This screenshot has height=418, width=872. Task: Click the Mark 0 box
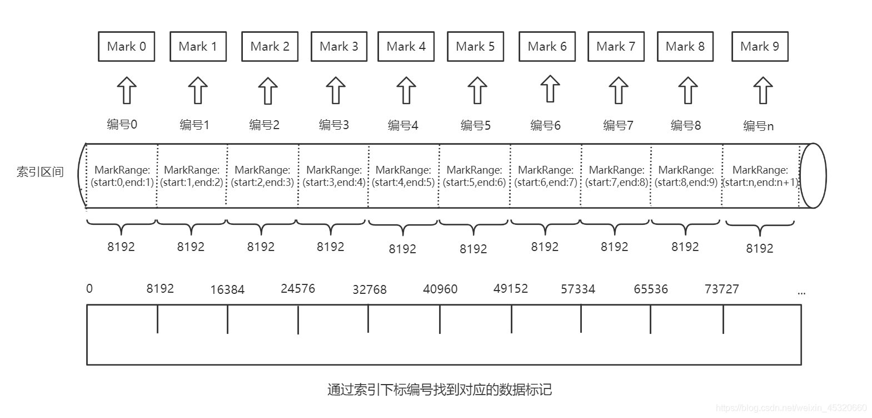point(126,47)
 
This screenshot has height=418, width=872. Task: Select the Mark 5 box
point(475,47)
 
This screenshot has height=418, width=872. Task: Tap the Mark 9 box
point(760,47)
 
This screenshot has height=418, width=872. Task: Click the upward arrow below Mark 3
point(335,90)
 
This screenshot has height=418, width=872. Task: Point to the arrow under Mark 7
point(618,90)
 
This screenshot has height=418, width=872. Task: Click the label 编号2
point(264,125)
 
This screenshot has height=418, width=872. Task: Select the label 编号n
point(758,126)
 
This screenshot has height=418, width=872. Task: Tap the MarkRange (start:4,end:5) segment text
point(403,176)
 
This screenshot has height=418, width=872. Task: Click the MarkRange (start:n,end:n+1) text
point(760,176)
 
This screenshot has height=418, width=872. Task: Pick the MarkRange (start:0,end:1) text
point(122,176)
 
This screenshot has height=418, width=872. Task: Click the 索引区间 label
point(40,172)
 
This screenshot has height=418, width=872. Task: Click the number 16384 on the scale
point(227,290)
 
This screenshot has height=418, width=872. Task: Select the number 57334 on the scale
point(577,289)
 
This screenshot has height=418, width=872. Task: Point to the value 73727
point(721,289)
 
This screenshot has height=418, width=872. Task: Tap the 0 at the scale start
point(89,288)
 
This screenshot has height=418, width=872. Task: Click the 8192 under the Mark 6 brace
point(544,247)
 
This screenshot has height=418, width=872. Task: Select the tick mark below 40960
point(440,319)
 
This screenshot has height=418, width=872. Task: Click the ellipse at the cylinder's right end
point(813,176)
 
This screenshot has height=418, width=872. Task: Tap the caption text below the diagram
point(439,390)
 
